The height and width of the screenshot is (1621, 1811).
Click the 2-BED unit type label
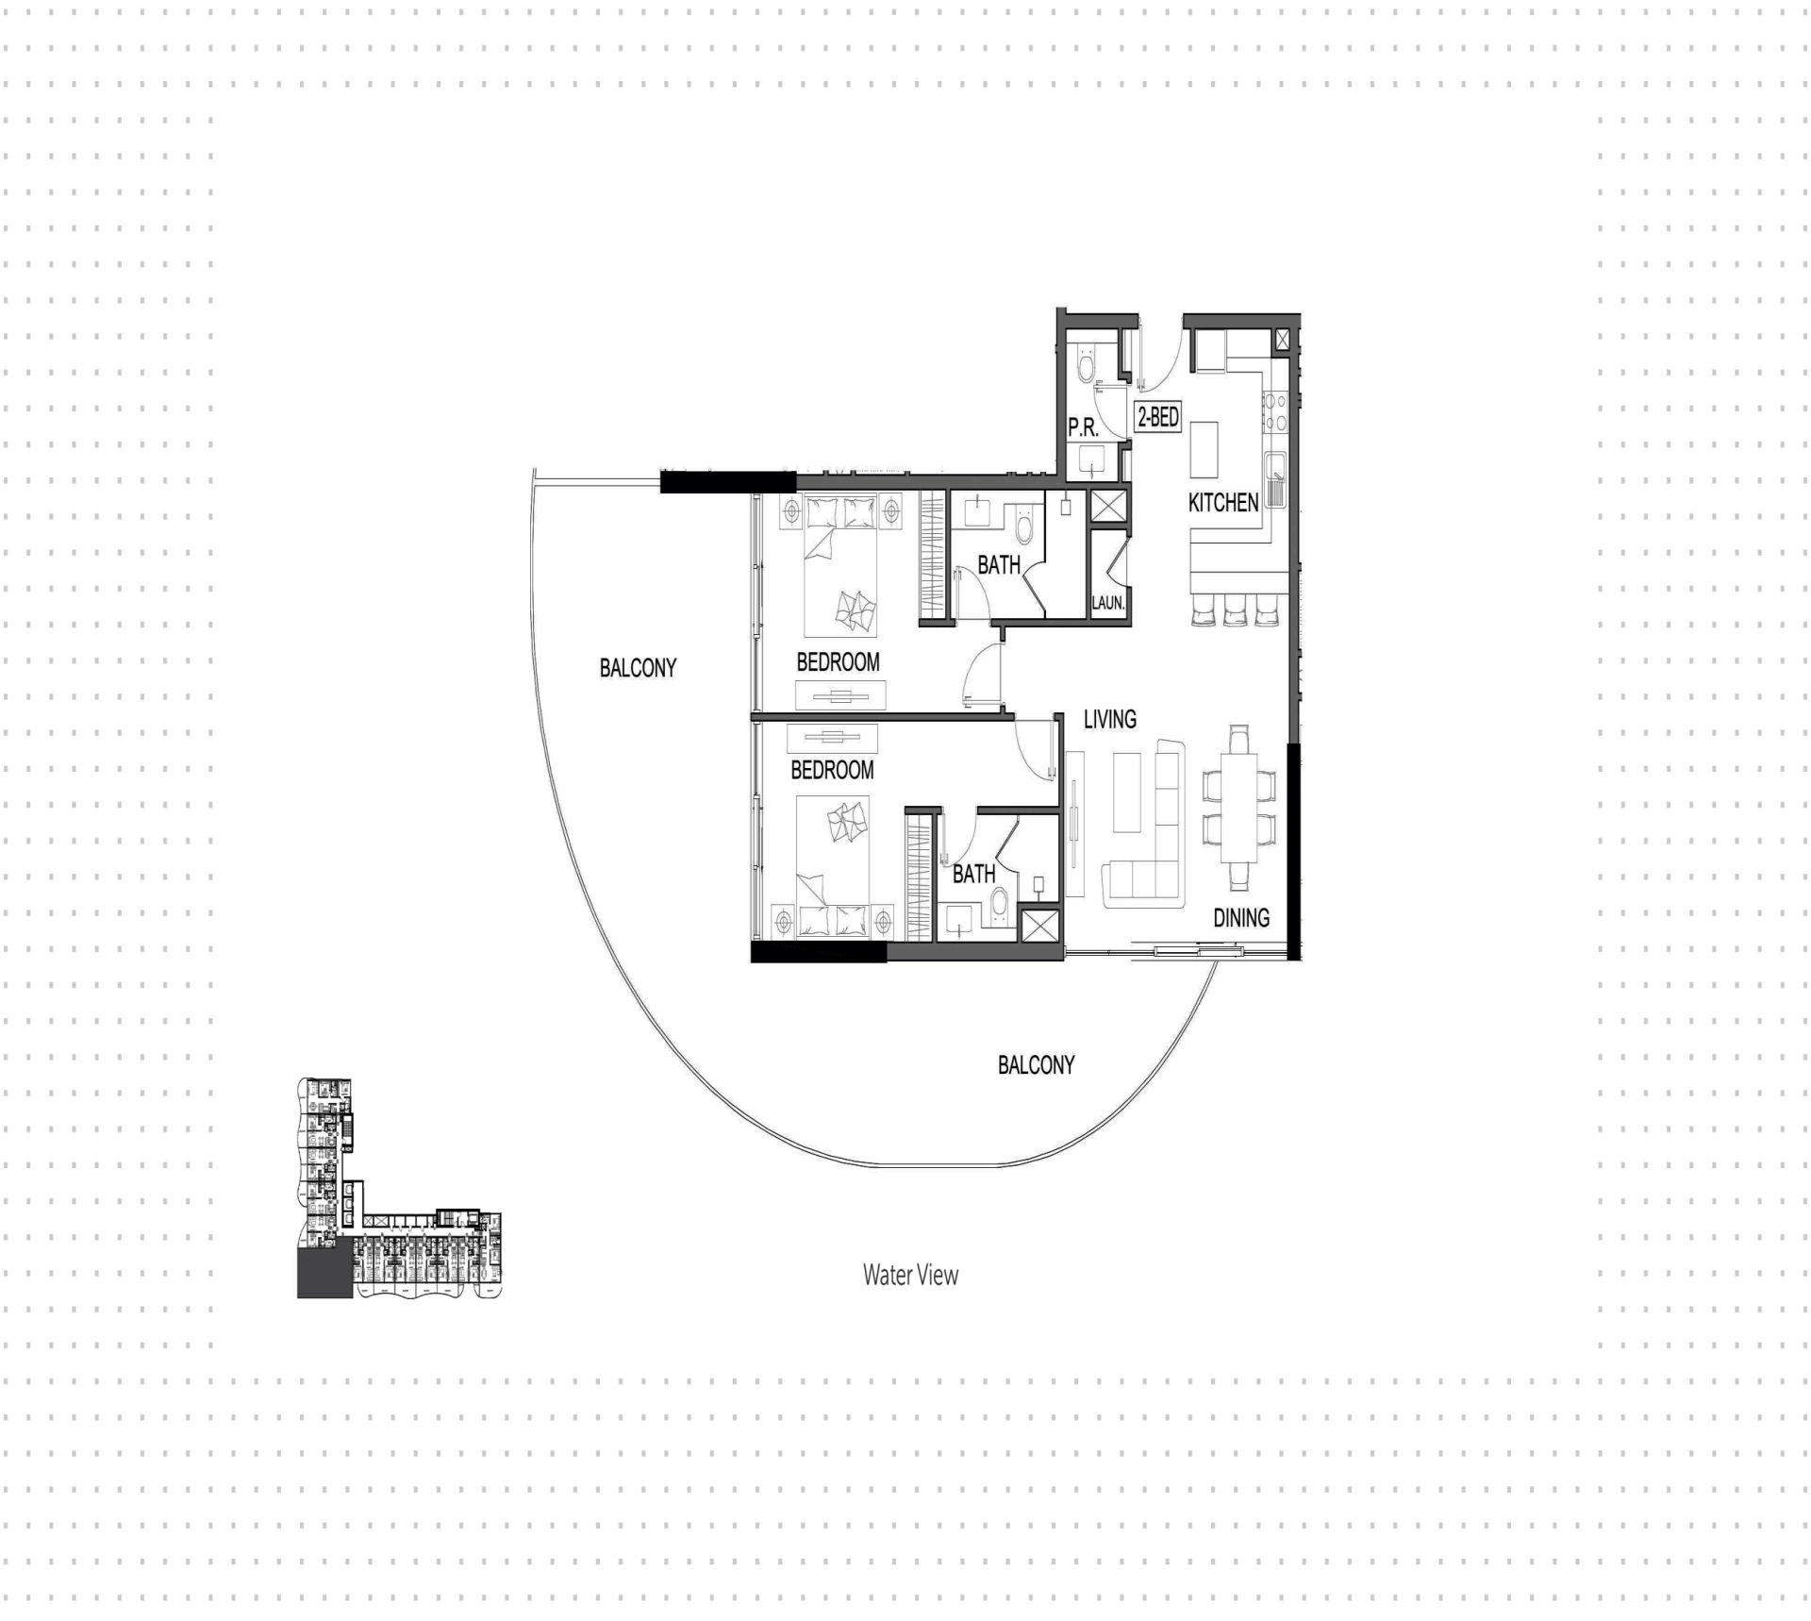[1157, 417]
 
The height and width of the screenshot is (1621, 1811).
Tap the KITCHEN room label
[1223, 503]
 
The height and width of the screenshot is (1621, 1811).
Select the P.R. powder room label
[1084, 427]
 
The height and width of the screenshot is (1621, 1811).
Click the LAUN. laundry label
[1108, 602]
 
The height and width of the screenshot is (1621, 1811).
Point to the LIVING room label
[1110, 719]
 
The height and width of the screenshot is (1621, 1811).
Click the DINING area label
[1241, 917]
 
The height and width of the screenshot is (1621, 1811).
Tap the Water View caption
[910, 1275]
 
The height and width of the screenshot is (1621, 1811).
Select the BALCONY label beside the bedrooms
[639, 668]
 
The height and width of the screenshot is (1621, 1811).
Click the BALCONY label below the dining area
[1037, 1065]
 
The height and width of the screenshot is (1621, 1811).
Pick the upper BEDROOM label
[838, 662]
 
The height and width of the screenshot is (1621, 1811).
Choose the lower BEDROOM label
[832, 770]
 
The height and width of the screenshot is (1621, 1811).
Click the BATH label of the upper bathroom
[999, 565]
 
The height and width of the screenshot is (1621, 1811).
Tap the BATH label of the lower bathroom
[973, 875]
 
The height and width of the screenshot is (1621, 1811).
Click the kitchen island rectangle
[1205, 450]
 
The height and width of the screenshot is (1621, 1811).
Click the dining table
[1239, 808]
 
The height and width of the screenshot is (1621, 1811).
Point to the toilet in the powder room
[1086, 362]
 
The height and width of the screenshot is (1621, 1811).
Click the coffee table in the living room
[1127, 793]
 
